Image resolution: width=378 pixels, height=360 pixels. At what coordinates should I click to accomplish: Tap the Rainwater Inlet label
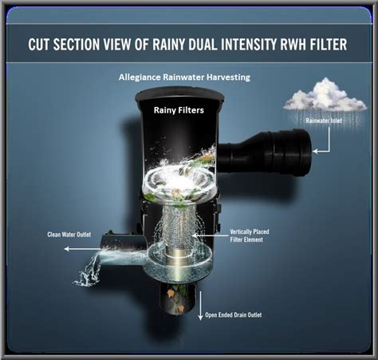pos(324,121)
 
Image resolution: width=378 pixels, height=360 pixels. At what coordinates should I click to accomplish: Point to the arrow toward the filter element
pos(207,235)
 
